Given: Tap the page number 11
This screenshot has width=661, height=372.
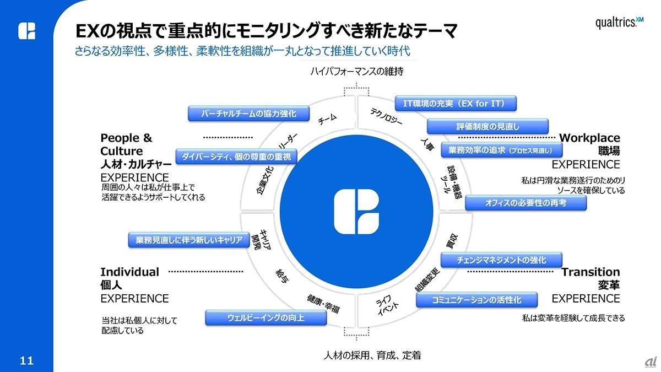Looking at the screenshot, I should [26, 361].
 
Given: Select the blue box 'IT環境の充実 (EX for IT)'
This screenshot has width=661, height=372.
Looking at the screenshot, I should [457, 103].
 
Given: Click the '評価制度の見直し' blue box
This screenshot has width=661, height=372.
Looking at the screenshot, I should [488, 126].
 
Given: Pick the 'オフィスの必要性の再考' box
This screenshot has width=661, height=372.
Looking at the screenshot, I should [525, 203].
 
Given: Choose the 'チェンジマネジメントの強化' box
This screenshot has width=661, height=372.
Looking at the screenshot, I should [501, 260].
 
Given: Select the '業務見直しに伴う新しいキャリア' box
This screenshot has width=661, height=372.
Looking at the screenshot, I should [189, 240].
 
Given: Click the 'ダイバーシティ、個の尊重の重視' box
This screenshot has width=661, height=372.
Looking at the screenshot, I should [236, 157].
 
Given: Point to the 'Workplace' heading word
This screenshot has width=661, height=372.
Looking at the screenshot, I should [589, 138].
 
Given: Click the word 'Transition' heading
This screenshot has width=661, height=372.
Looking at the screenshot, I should [590, 272].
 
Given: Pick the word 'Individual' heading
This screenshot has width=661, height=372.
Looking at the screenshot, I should [129, 272].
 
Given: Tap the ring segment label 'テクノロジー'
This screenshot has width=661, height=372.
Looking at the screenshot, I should [387, 115].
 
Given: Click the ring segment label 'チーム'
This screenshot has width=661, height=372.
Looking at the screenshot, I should [327, 118].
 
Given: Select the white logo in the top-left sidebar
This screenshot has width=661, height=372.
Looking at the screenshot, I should [26, 31].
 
